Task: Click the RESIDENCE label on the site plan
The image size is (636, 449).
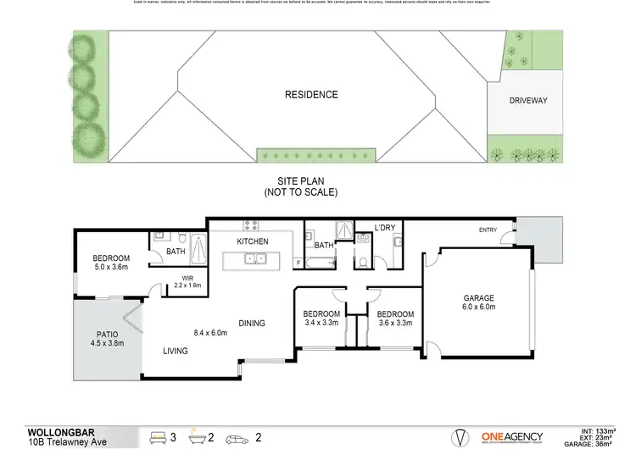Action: [x=310, y=95]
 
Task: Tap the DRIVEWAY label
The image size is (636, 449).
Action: [x=527, y=101]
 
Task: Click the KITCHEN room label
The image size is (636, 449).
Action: [x=252, y=241]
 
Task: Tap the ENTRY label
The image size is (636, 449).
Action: [x=488, y=230]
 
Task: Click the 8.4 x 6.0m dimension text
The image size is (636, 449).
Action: [x=210, y=333]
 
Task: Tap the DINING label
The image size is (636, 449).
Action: [x=251, y=323]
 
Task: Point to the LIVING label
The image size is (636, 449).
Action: [x=176, y=350]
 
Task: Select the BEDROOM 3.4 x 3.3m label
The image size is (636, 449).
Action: [x=321, y=318]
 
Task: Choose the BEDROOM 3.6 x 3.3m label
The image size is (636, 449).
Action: [x=395, y=318]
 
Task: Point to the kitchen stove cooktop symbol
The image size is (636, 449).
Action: [x=252, y=225]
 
